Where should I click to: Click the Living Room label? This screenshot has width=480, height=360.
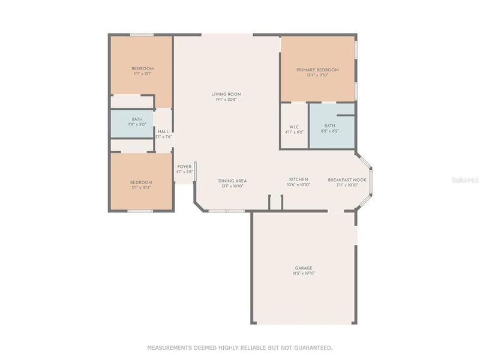(x=226, y=94)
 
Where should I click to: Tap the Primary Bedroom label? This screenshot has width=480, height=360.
(x=317, y=70)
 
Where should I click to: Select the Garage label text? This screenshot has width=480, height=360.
(x=303, y=268)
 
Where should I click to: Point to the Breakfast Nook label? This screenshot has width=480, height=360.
(x=347, y=180)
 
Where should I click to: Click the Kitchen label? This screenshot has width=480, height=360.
(x=299, y=180)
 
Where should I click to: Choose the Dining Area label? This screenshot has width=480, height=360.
(x=232, y=181)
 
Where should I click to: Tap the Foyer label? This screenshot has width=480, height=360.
(x=184, y=166)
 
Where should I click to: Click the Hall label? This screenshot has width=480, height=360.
(x=163, y=131)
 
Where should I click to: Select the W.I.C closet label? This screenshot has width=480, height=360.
(x=294, y=126)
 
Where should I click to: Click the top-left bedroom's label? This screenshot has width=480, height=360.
(x=142, y=68)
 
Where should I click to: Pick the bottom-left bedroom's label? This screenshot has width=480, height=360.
(x=141, y=182)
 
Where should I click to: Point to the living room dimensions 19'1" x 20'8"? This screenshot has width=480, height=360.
(x=226, y=100)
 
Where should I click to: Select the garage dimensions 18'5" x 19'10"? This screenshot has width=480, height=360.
(x=303, y=274)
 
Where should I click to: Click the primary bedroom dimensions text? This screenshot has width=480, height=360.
(x=317, y=76)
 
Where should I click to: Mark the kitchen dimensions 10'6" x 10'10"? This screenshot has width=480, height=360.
(x=299, y=185)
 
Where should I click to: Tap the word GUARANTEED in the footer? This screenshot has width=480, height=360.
(x=310, y=347)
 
